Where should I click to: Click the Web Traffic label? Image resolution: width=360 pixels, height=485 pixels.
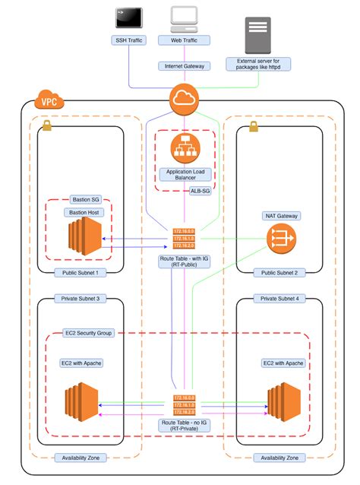[x=184, y=39]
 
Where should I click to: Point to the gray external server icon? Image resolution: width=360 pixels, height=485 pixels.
[x=257, y=33]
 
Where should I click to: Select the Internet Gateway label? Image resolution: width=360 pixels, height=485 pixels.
[x=184, y=66]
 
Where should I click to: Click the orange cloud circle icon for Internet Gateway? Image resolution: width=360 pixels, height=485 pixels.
[x=185, y=98]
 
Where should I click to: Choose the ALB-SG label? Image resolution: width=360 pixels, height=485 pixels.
[x=201, y=192]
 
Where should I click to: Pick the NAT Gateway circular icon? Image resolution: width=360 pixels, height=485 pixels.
[x=280, y=239]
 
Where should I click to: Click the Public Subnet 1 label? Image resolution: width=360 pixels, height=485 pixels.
[x=80, y=272]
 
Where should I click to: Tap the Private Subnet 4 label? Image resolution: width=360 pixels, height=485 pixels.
[x=280, y=299]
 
